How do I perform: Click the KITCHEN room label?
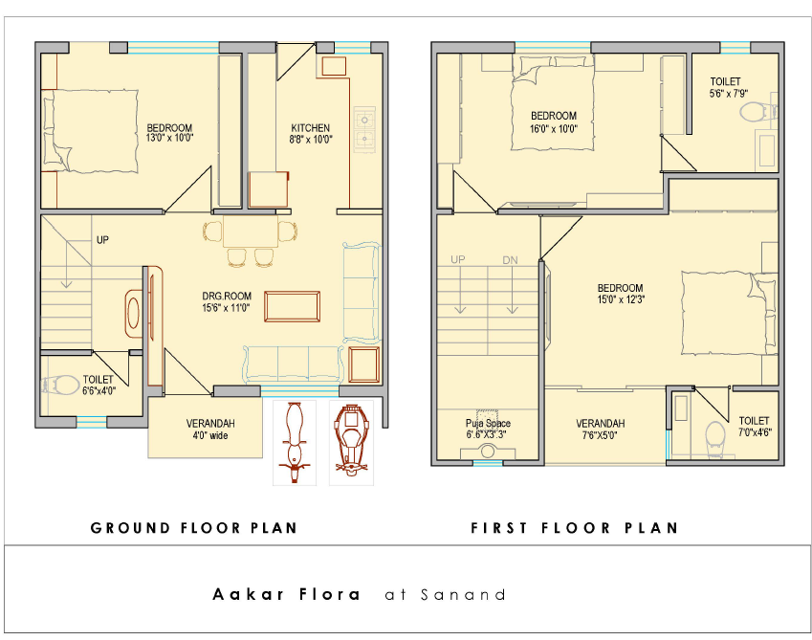click(x=310, y=128)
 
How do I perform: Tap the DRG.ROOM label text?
click(x=227, y=297)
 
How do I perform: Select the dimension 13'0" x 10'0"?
click(x=169, y=138)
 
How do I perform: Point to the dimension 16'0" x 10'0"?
click(x=554, y=128)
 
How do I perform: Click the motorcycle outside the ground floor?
click(x=295, y=443)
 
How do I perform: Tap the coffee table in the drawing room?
click(x=292, y=306)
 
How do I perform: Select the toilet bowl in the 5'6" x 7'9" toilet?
click(x=758, y=111)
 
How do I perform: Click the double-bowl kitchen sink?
click(x=364, y=129)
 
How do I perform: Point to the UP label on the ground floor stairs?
click(x=102, y=240)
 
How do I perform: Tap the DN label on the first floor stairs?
click(x=510, y=260)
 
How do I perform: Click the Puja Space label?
click(x=488, y=423)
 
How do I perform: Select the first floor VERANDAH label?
click(x=601, y=423)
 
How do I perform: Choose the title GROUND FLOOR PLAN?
click(x=194, y=528)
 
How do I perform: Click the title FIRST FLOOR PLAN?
click(x=574, y=528)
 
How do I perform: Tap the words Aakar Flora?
click(x=286, y=594)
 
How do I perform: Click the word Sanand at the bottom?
click(x=463, y=594)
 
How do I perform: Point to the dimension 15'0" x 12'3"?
click(x=621, y=299)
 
